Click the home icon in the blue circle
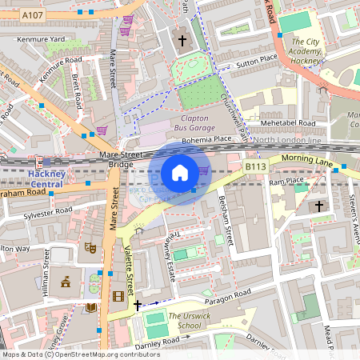(180, 173)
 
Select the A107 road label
(33, 15)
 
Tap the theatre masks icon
(91, 249)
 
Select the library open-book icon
(91, 307)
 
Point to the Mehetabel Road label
(284, 123)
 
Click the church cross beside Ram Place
(319, 206)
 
